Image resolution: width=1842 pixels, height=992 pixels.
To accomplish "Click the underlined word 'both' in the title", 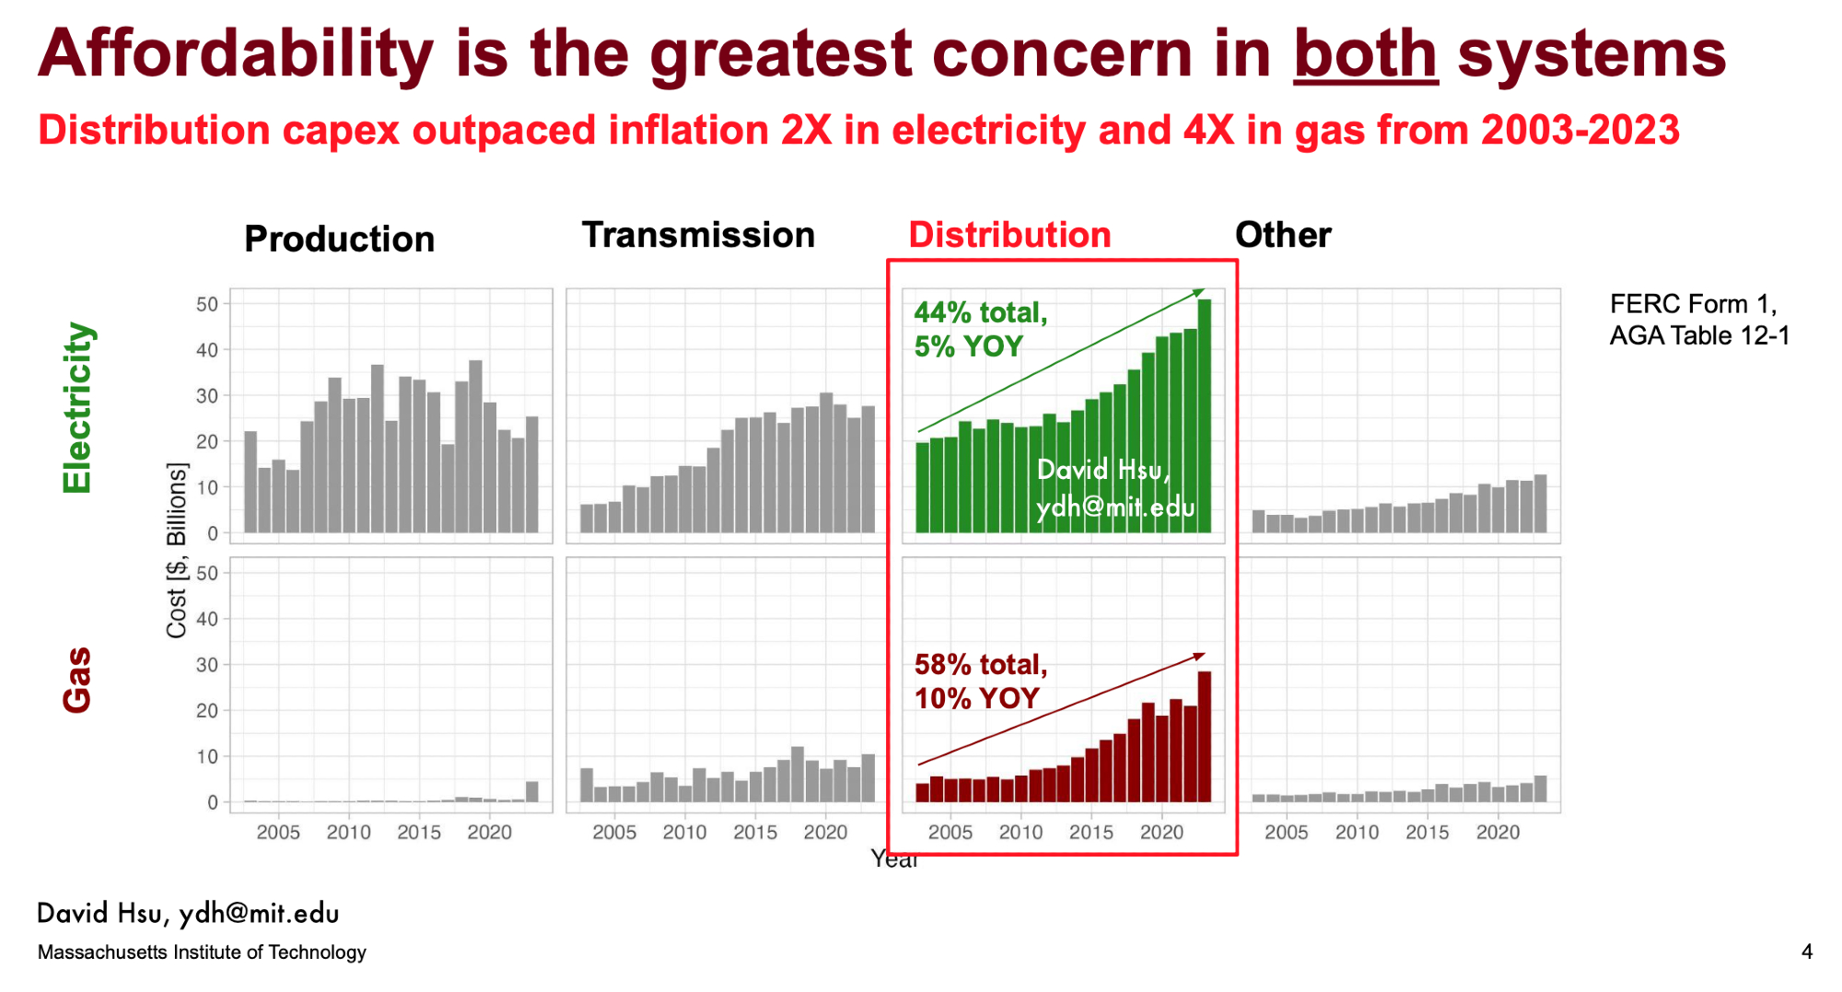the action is pos(1366,53).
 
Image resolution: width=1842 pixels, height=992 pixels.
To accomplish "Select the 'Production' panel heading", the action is pos(339,239).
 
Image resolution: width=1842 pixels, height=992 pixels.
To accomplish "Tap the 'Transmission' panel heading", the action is pos(698,235).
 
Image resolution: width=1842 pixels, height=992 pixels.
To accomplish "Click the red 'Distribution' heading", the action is pos(1009,235).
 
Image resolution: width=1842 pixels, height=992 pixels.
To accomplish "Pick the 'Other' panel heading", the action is pos(1283,235).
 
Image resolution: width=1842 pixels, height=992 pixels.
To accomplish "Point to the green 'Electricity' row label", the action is pos(77,407).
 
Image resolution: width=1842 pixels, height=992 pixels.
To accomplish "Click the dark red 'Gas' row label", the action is pos(77,680).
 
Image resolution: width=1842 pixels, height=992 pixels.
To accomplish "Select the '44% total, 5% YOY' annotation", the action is pos(981,329).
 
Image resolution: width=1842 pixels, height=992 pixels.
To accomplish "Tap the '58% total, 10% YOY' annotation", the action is pos(981,681).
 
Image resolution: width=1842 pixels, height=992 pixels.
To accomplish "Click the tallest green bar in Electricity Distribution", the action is pos(1204,416).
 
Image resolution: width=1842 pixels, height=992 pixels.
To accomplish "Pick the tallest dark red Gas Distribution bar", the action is pos(1204,737).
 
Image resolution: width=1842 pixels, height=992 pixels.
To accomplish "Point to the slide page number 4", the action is pos(1807,951).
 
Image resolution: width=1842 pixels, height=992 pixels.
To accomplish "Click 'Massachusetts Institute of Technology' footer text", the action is pos(202,952).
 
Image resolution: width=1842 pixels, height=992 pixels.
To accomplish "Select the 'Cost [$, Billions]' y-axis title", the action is pos(176,550).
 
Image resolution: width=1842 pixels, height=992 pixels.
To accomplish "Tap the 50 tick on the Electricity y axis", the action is pos(207,304).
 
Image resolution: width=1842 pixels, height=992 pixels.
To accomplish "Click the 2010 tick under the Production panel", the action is pos(348,833).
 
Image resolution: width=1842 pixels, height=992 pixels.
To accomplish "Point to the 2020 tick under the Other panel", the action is pos(1498,833).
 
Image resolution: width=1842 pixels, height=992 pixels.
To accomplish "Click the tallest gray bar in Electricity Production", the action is pos(475,447).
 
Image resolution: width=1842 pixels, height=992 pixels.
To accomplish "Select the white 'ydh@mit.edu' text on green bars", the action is pos(1115,508).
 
